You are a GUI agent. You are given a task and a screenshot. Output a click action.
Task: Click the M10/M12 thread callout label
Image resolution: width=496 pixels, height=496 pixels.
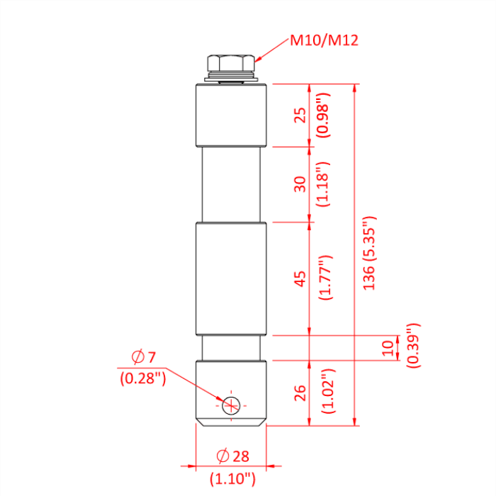[x=324, y=40]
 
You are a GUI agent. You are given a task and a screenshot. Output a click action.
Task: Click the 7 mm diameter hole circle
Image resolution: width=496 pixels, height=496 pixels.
[x=231, y=405]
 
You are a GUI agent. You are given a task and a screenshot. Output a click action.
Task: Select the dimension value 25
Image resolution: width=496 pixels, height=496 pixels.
[x=300, y=115]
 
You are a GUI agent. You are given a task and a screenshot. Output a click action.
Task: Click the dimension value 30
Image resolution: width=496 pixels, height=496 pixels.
[x=300, y=184]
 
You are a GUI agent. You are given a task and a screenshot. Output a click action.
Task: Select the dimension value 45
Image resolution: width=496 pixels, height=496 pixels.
[x=300, y=278]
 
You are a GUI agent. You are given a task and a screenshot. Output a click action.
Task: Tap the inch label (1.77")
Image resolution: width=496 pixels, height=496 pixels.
[x=325, y=278]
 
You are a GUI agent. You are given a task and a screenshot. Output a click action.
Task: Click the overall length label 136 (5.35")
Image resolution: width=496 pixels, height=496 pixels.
[x=369, y=254]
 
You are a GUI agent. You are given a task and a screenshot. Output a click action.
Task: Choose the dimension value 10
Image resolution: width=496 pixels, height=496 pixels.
[x=387, y=348]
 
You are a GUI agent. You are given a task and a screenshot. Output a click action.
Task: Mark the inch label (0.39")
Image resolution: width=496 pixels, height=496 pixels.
[x=413, y=345]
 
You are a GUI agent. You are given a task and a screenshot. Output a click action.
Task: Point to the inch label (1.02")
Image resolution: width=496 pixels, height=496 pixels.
[x=325, y=392]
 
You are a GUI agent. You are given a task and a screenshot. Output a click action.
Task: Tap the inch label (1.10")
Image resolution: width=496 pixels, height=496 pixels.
[x=232, y=479]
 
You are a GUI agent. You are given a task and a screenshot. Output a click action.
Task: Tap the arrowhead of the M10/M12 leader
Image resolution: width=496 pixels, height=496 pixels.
[x=257, y=62]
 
